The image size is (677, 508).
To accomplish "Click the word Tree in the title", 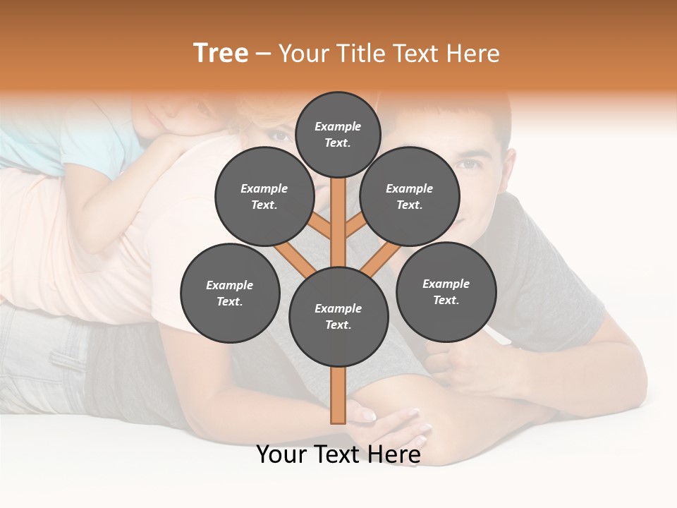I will click(x=221, y=53).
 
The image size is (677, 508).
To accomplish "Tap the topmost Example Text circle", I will click(x=338, y=134).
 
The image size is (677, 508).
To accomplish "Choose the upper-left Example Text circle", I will click(x=264, y=196).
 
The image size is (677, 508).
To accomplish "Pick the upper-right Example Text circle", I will click(x=409, y=196).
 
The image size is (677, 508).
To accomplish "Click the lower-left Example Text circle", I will click(x=229, y=293).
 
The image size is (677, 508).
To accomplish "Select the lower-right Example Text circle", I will click(x=446, y=291).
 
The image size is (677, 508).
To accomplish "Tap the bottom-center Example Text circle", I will click(x=338, y=316).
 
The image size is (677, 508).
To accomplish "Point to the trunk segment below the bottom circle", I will click(x=338, y=395).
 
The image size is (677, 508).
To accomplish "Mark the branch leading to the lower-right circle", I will click(x=382, y=258).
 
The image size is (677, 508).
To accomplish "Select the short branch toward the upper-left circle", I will click(x=321, y=226).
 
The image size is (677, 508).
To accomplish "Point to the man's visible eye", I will click(x=469, y=164).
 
